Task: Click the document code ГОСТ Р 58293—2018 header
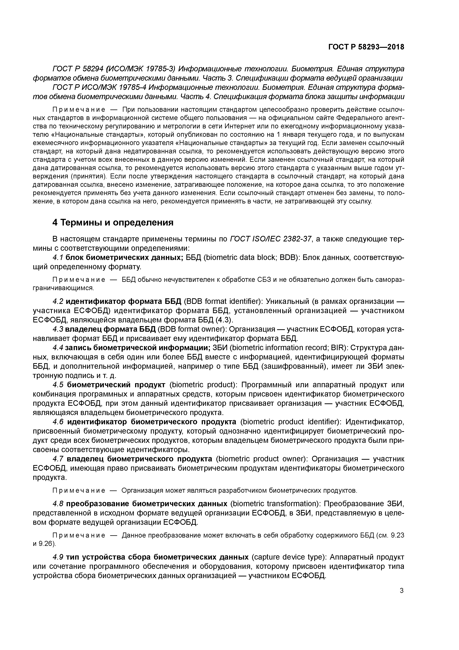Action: (366, 47)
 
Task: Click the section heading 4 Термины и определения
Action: (113, 223)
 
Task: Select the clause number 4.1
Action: (58, 258)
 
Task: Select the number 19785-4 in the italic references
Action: (131, 87)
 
